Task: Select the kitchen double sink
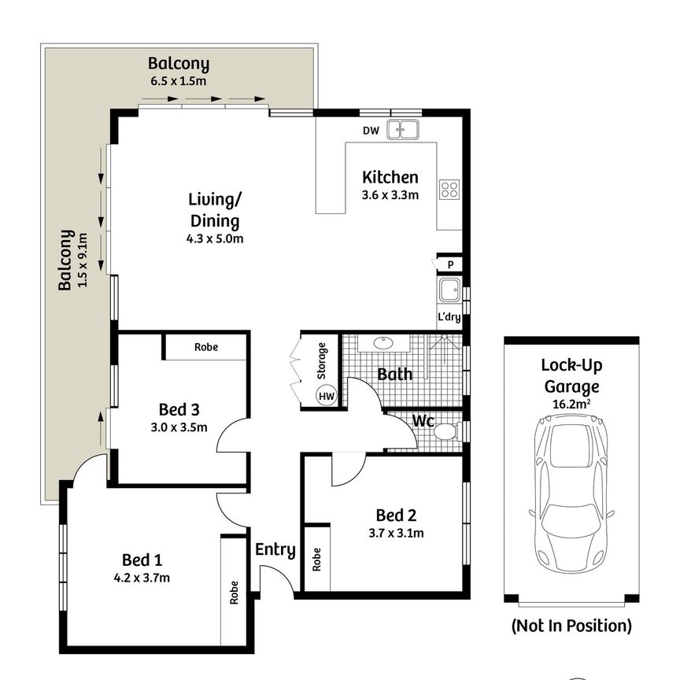tap(407, 129)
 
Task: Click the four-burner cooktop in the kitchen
tap(449, 189)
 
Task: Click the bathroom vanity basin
tap(384, 343)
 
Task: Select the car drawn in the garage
tap(571, 496)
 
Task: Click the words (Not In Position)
tap(571, 626)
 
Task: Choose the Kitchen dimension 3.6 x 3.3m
tap(390, 195)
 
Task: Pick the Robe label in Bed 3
tap(206, 347)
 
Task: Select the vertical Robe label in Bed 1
tap(234, 593)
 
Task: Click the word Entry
tap(275, 550)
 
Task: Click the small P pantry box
tap(451, 265)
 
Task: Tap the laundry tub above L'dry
tap(449, 290)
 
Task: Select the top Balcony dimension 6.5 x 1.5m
tap(179, 80)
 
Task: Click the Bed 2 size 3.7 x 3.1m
tap(395, 533)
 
